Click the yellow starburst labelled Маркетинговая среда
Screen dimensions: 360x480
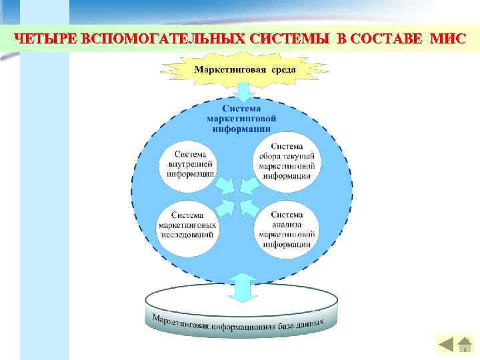coord(243,69)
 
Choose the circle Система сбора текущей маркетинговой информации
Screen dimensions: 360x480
coord(287,160)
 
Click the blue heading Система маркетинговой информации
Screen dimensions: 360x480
coord(242,118)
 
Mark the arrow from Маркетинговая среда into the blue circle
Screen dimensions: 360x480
coord(243,91)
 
